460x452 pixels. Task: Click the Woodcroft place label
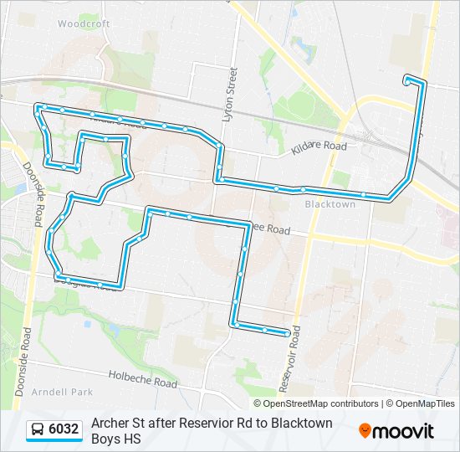84,24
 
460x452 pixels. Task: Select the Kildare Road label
319,147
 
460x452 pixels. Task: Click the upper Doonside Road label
34,194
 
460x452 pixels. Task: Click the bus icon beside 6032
38,430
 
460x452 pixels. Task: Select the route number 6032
64,430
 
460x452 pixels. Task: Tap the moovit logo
397,431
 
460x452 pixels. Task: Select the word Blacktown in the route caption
299,423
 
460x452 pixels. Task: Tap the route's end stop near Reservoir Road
287,333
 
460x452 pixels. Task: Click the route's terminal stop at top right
407,80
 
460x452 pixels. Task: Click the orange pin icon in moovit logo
365,431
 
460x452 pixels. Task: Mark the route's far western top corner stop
38,107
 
